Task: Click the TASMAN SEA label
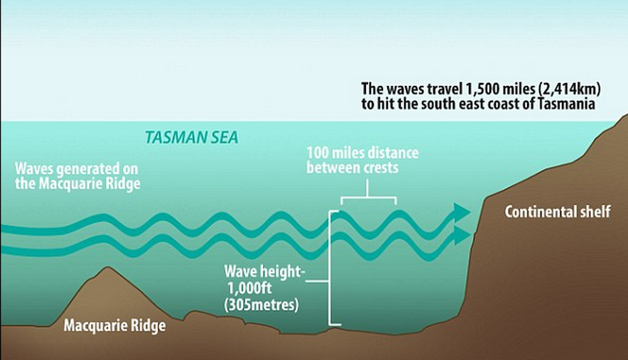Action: pyautogui.click(x=191, y=137)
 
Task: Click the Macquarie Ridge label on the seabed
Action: pyautogui.click(x=114, y=326)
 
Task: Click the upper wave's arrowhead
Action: pyautogui.click(x=462, y=211)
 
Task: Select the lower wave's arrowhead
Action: pyautogui.click(x=462, y=235)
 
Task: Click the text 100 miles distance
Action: pyautogui.click(x=362, y=153)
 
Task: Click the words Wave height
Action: pyautogui.click(x=257, y=272)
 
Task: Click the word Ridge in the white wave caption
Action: pyautogui.click(x=123, y=184)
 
